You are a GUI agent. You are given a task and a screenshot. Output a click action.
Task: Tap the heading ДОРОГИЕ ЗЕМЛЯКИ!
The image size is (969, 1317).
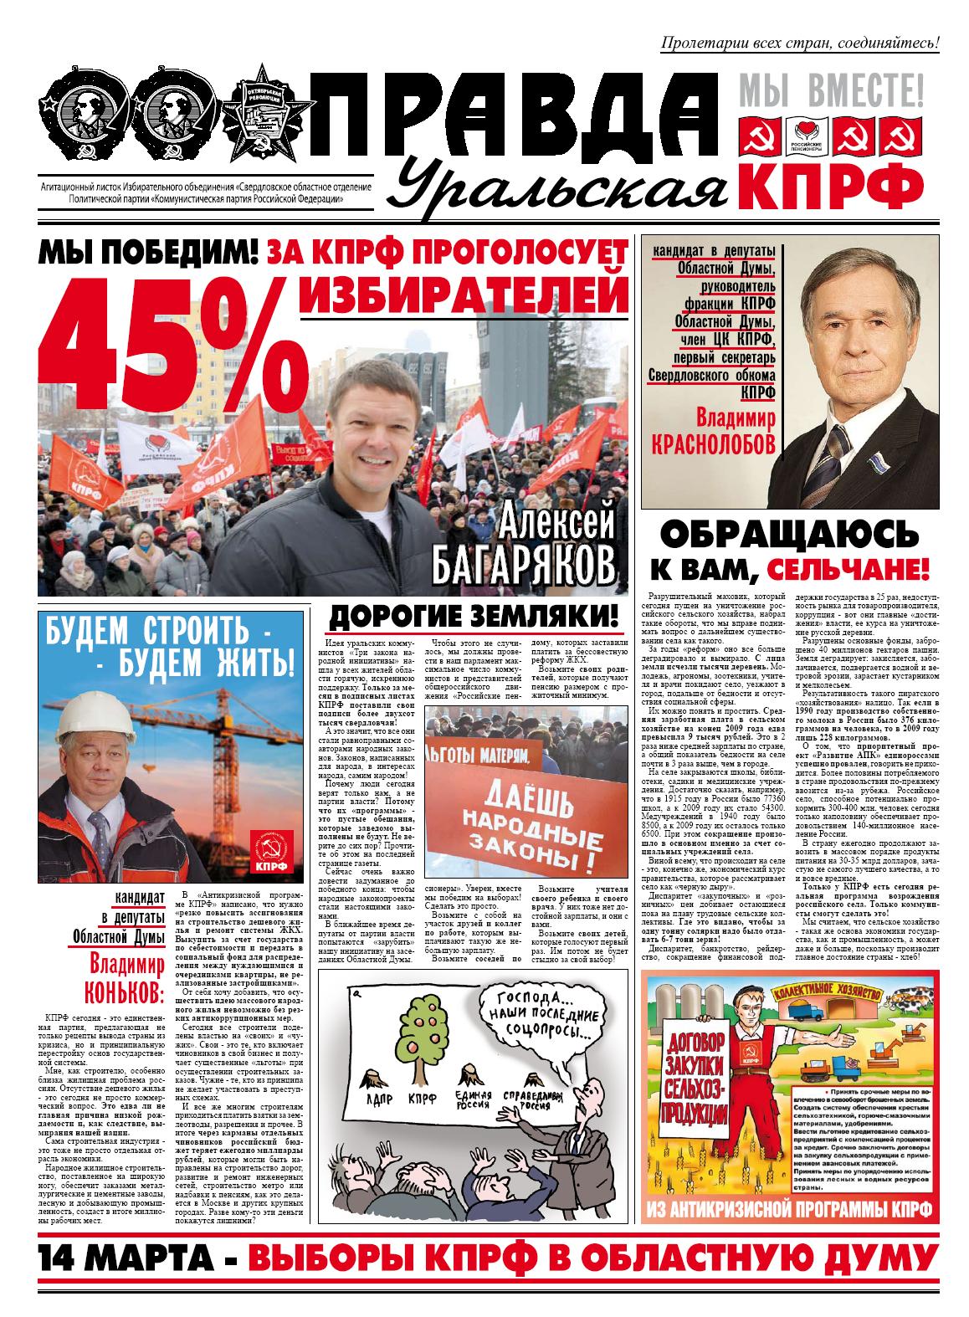pyautogui.click(x=476, y=618)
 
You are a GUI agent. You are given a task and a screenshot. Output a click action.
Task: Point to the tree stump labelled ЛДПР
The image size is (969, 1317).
pyautogui.click(x=369, y=1077)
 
